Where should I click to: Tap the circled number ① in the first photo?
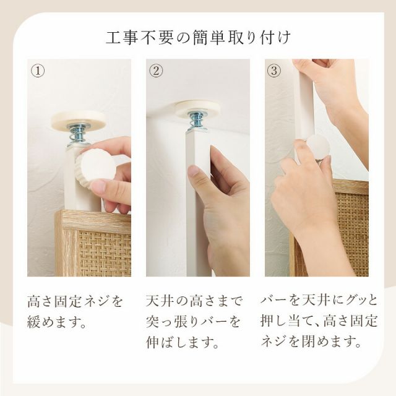[x=38, y=71]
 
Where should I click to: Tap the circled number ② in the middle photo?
[x=157, y=71]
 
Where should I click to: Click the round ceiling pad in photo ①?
[x=79, y=119]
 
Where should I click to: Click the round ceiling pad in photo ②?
[x=197, y=108]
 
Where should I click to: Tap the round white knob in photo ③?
[x=317, y=147]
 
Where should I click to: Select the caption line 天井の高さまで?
[x=193, y=303]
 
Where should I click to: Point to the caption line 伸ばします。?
[x=183, y=342]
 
